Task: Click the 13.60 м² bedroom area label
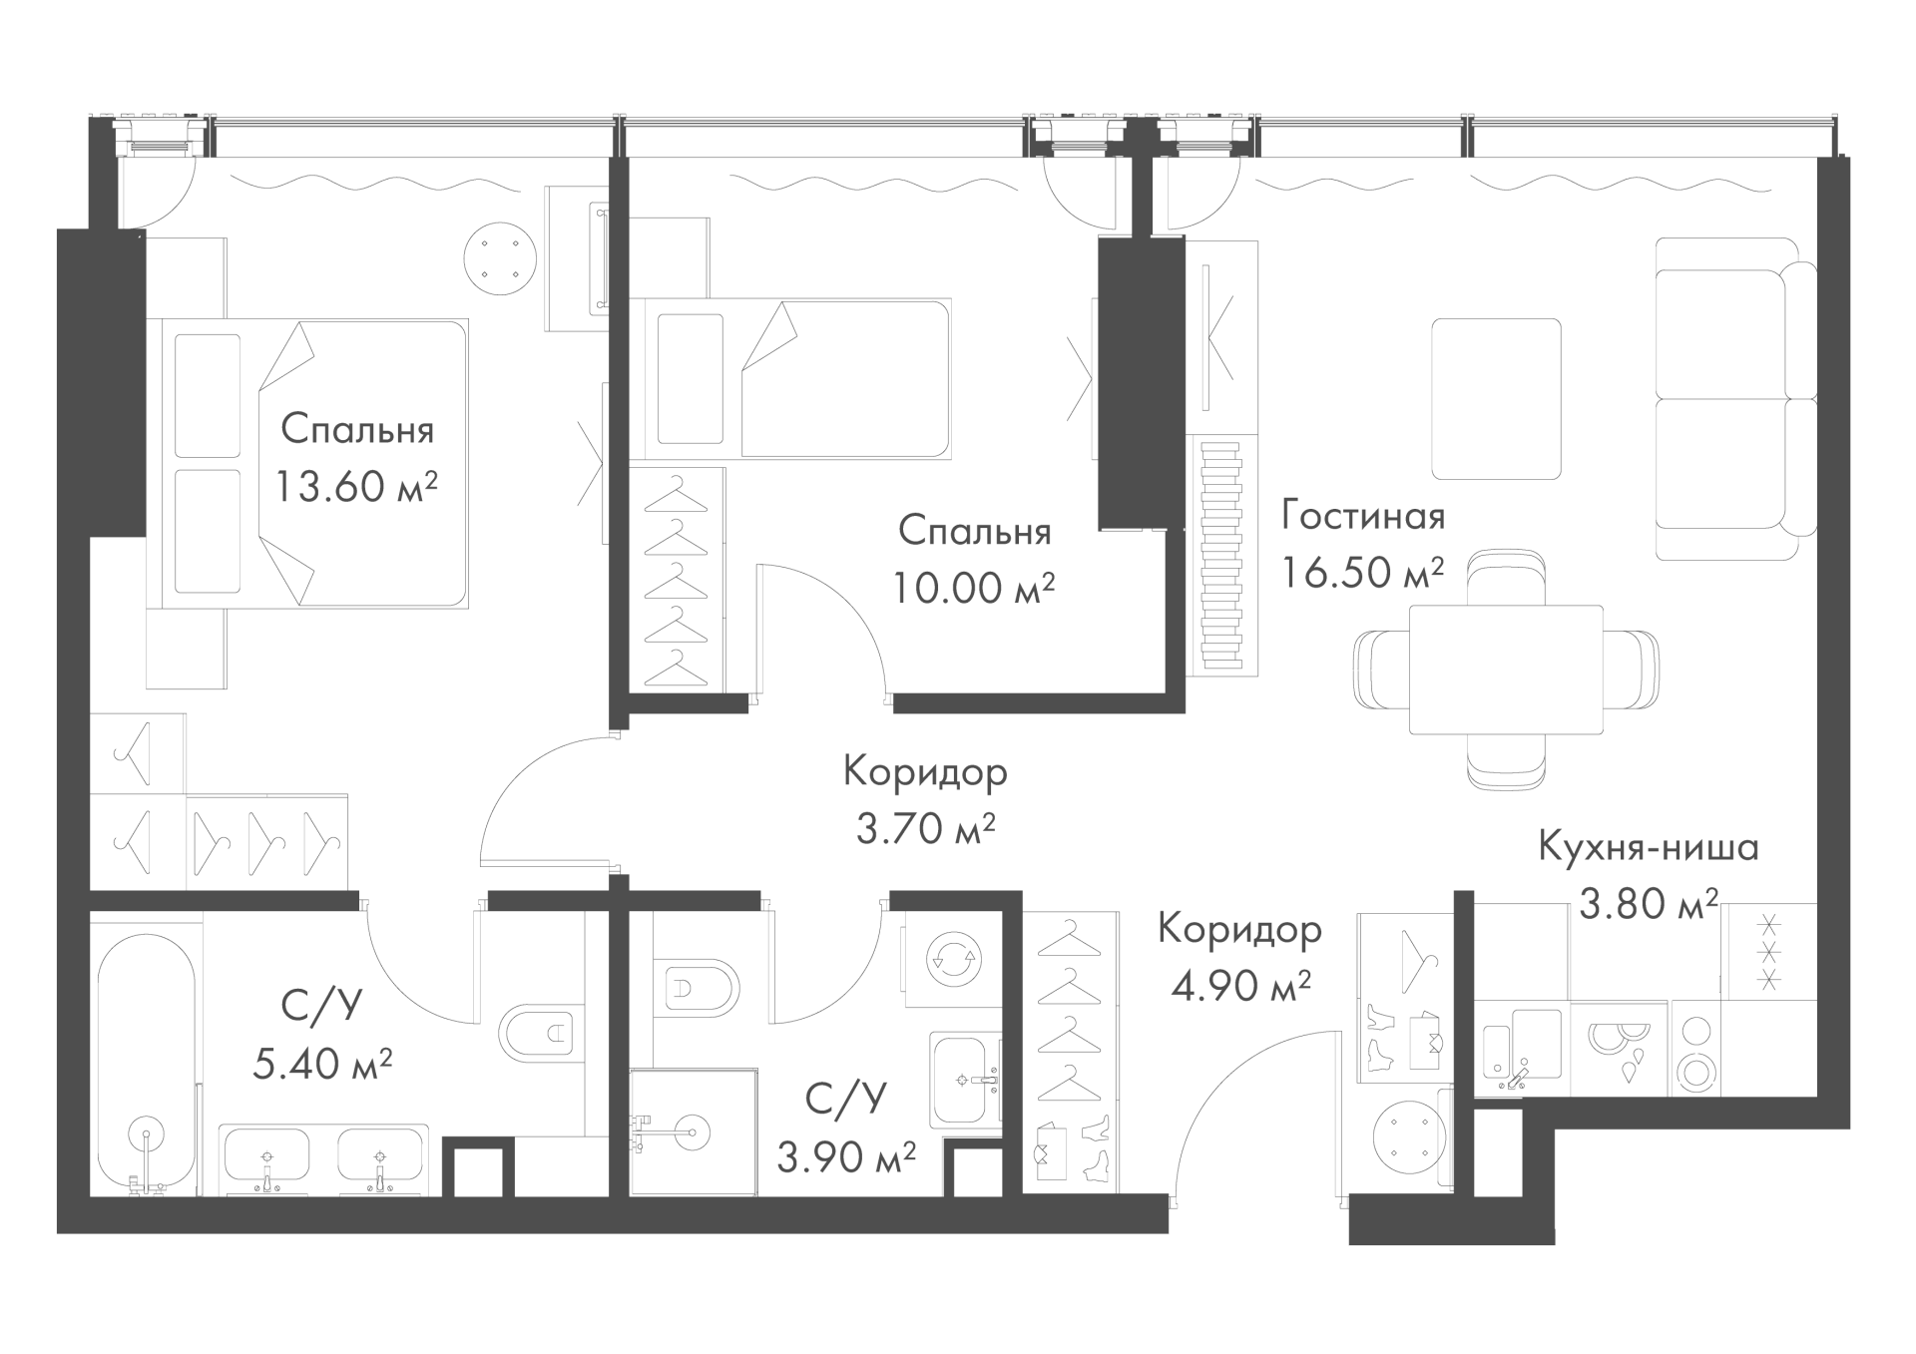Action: (x=356, y=487)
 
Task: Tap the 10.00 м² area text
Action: (x=973, y=588)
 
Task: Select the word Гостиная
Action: (x=1363, y=516)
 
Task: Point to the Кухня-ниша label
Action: (x=1649, y=847)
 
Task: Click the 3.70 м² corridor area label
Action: (x=926, y=828)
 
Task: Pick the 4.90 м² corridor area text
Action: (x=1239, y=986)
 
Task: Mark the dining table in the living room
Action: (x=1506, y=670)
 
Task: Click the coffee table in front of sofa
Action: (x=1496, y=399)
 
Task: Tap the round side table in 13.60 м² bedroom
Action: (x=500, y=258)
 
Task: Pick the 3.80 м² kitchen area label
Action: (x=1649, y=904)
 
